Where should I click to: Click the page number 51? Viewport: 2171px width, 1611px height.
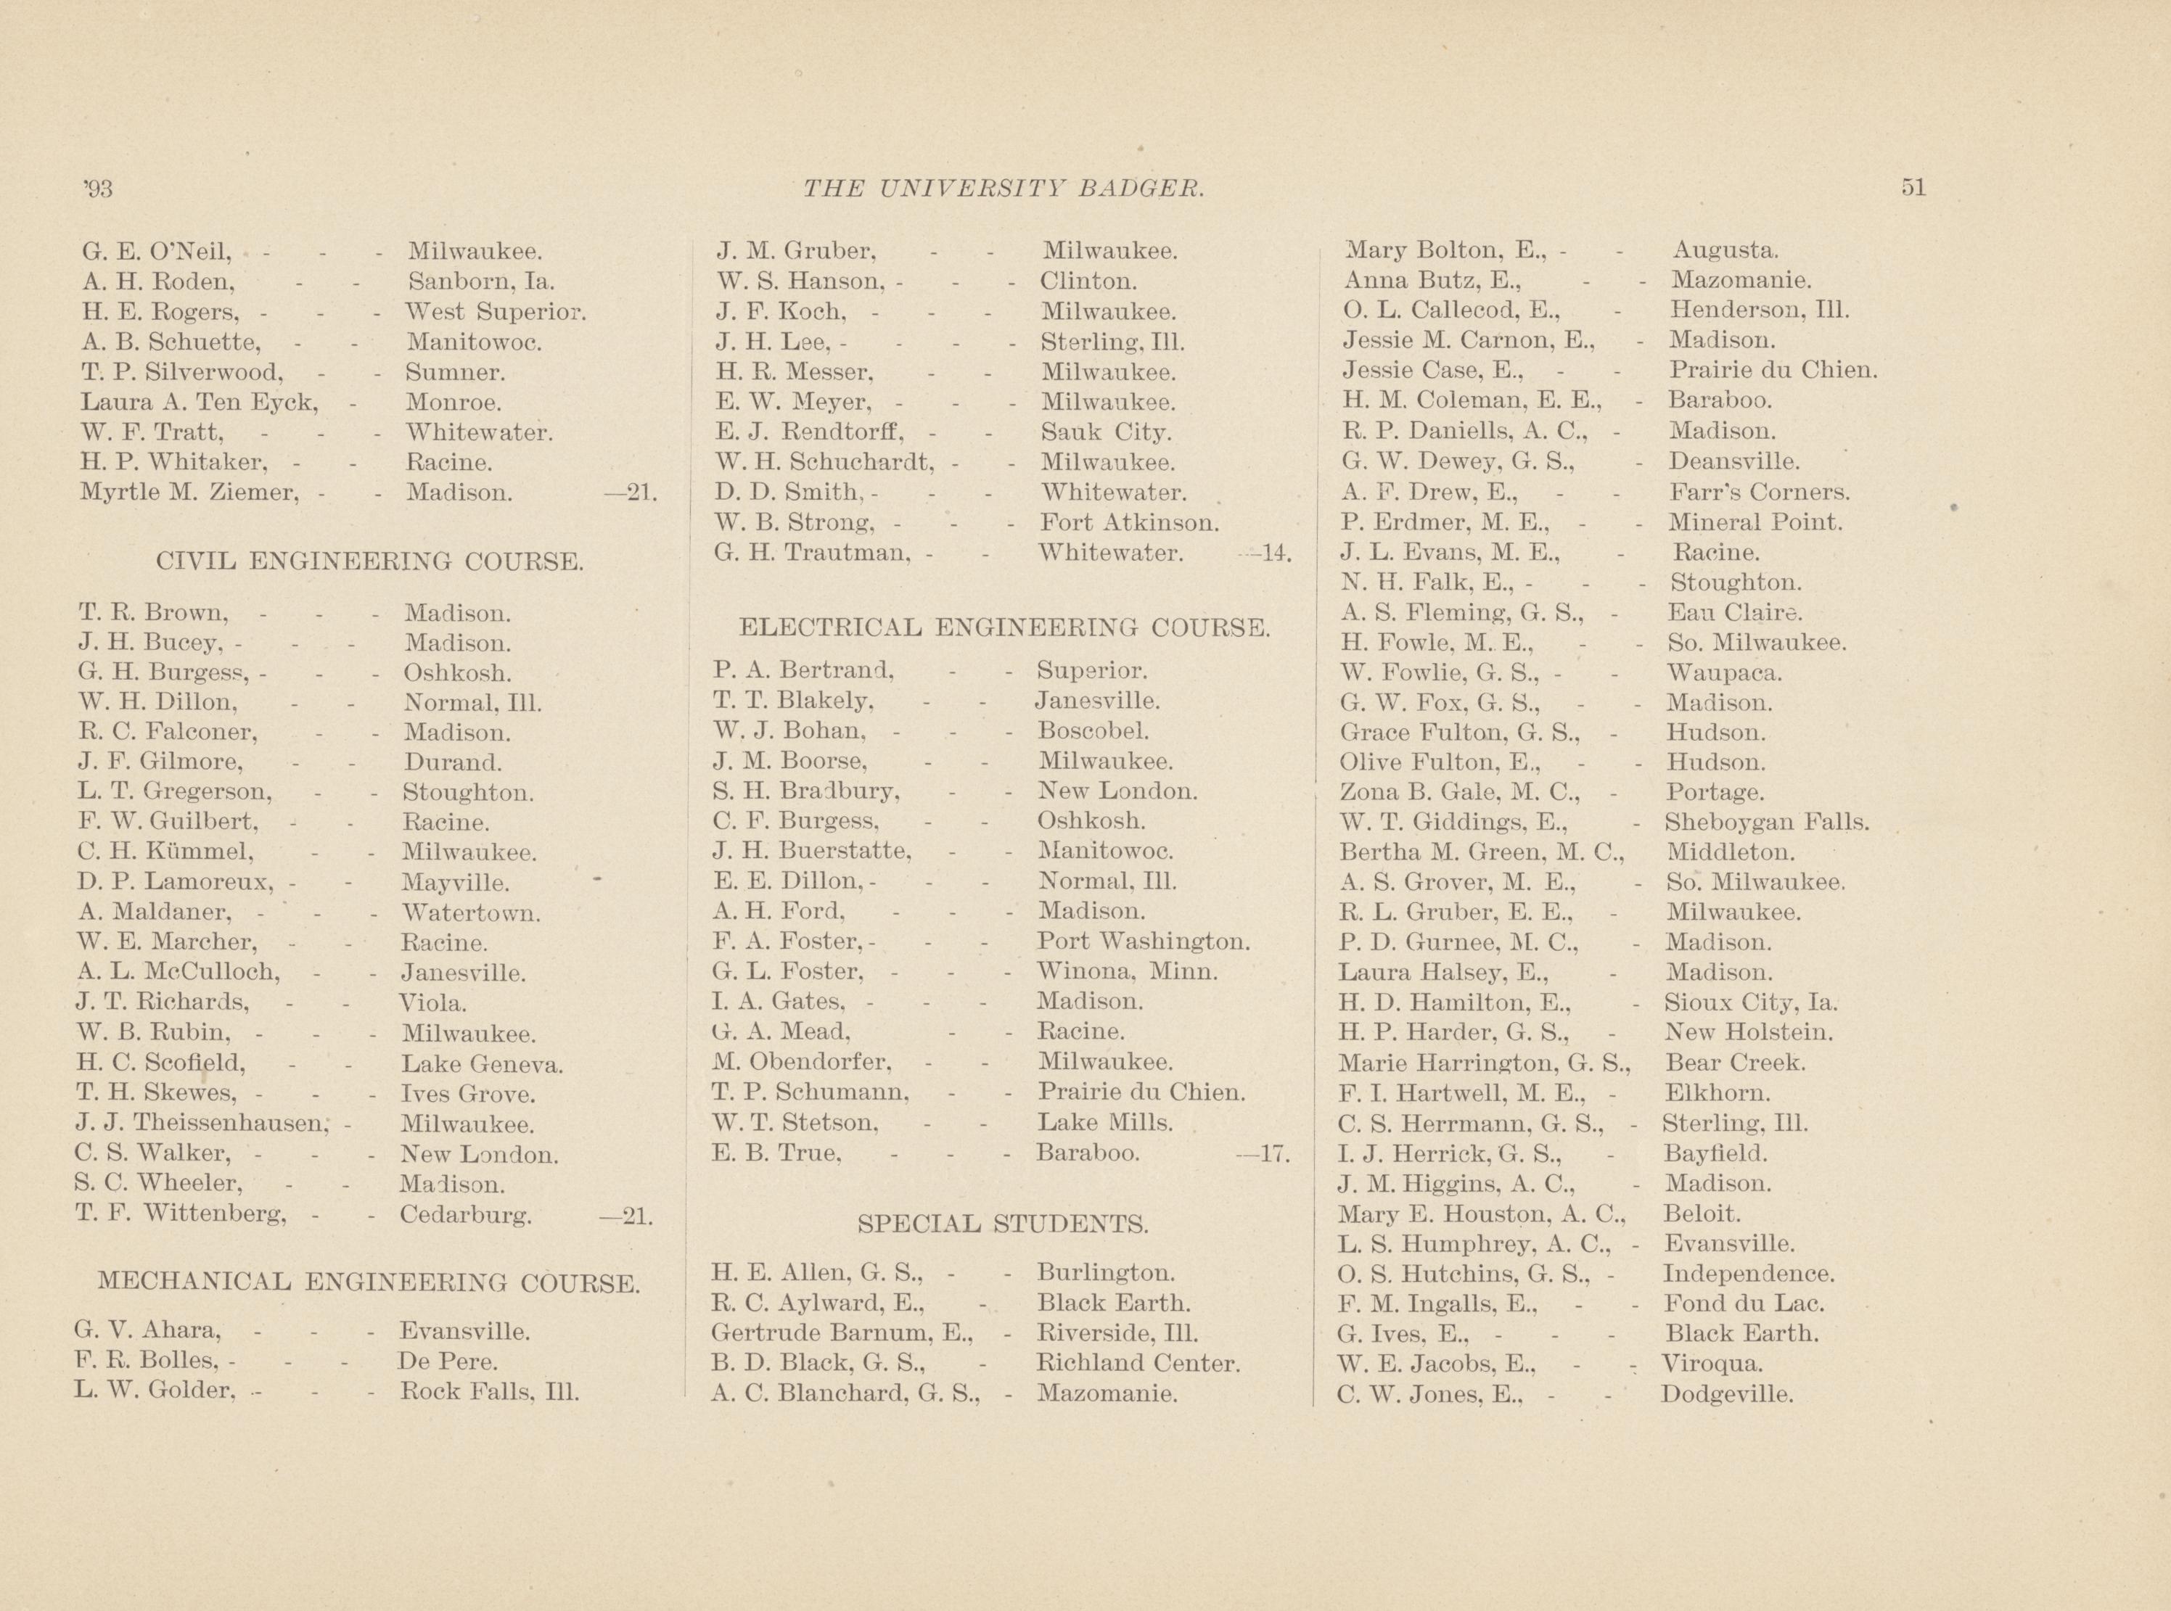click(x=1913, y=188)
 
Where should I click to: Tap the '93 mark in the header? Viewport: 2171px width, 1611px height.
click(x=99, y=188)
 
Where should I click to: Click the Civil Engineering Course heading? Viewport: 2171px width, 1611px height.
click(x=371, y=561)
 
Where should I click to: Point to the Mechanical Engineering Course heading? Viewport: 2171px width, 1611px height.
click(x=369, y=1282)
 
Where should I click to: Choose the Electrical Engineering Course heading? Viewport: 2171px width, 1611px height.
click(x=1004, y=627)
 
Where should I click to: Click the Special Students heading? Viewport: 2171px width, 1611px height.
click(x=1001, y=1223)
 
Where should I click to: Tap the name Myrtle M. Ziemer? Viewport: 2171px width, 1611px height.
click(x=188, y=493)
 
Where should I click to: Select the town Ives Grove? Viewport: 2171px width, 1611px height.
click(x=468, y=1094)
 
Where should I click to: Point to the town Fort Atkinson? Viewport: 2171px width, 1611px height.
click(x=1129, y=523)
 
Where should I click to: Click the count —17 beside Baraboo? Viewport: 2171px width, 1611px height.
click(x=1264, y=1153)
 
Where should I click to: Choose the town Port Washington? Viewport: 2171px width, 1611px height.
click(x=1143, y=942)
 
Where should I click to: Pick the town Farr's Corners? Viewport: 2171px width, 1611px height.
click(x=1758, y=493)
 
